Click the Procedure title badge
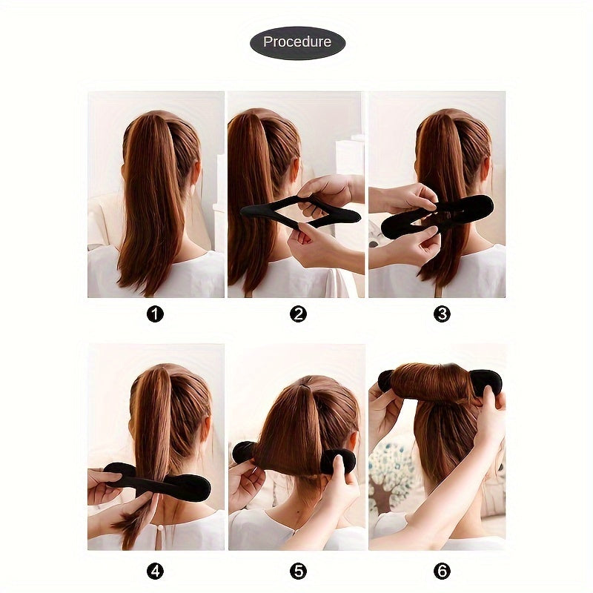point(297,42)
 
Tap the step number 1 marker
point(155,314)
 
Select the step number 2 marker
point(298,314)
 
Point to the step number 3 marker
point(442,314)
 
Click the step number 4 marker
point(155,572)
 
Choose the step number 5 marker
point(298,572)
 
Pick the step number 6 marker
point(442,572)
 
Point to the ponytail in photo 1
point(152,208)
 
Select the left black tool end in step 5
point(242,451)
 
